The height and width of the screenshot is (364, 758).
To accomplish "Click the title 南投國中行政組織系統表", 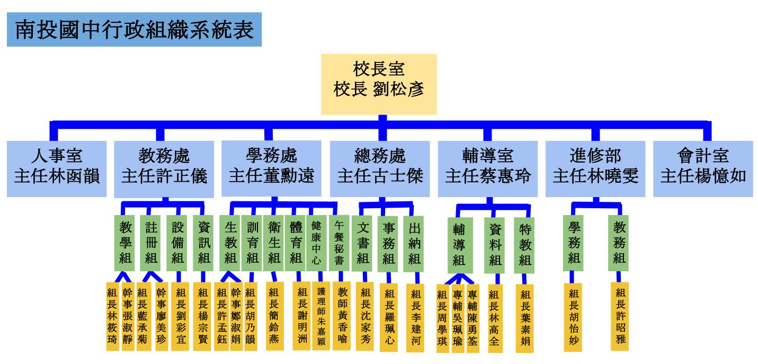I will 134,30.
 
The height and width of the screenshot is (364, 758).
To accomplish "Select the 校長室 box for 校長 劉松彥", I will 379,84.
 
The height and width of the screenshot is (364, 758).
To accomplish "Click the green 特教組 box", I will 524,245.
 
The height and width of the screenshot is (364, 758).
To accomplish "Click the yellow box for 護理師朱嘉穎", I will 322,316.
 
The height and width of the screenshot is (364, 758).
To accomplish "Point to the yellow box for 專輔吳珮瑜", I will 458,318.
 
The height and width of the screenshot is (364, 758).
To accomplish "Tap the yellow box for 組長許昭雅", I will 619,317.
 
